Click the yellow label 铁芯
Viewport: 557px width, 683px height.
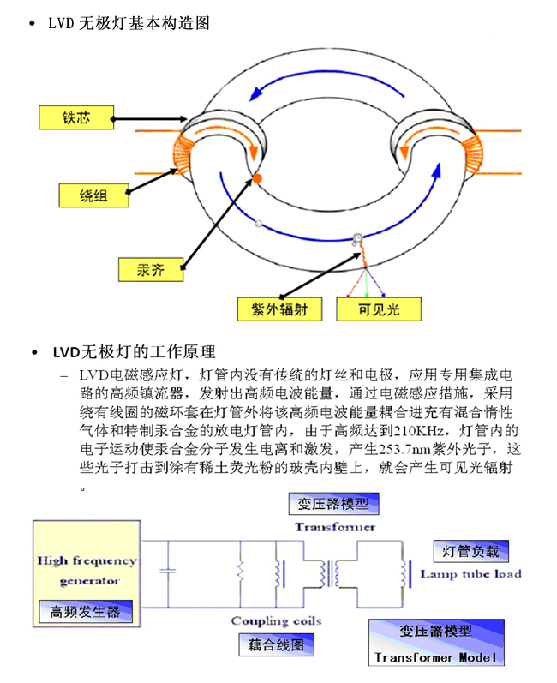(76, 118)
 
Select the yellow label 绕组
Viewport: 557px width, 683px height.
(94, 195)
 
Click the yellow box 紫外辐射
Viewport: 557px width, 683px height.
(279, 309)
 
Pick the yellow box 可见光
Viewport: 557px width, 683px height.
(380, 309)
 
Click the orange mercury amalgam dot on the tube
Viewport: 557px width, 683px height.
(255, 177)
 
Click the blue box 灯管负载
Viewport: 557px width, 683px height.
(470, 550)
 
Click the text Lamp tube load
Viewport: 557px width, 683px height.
(470, 574)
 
